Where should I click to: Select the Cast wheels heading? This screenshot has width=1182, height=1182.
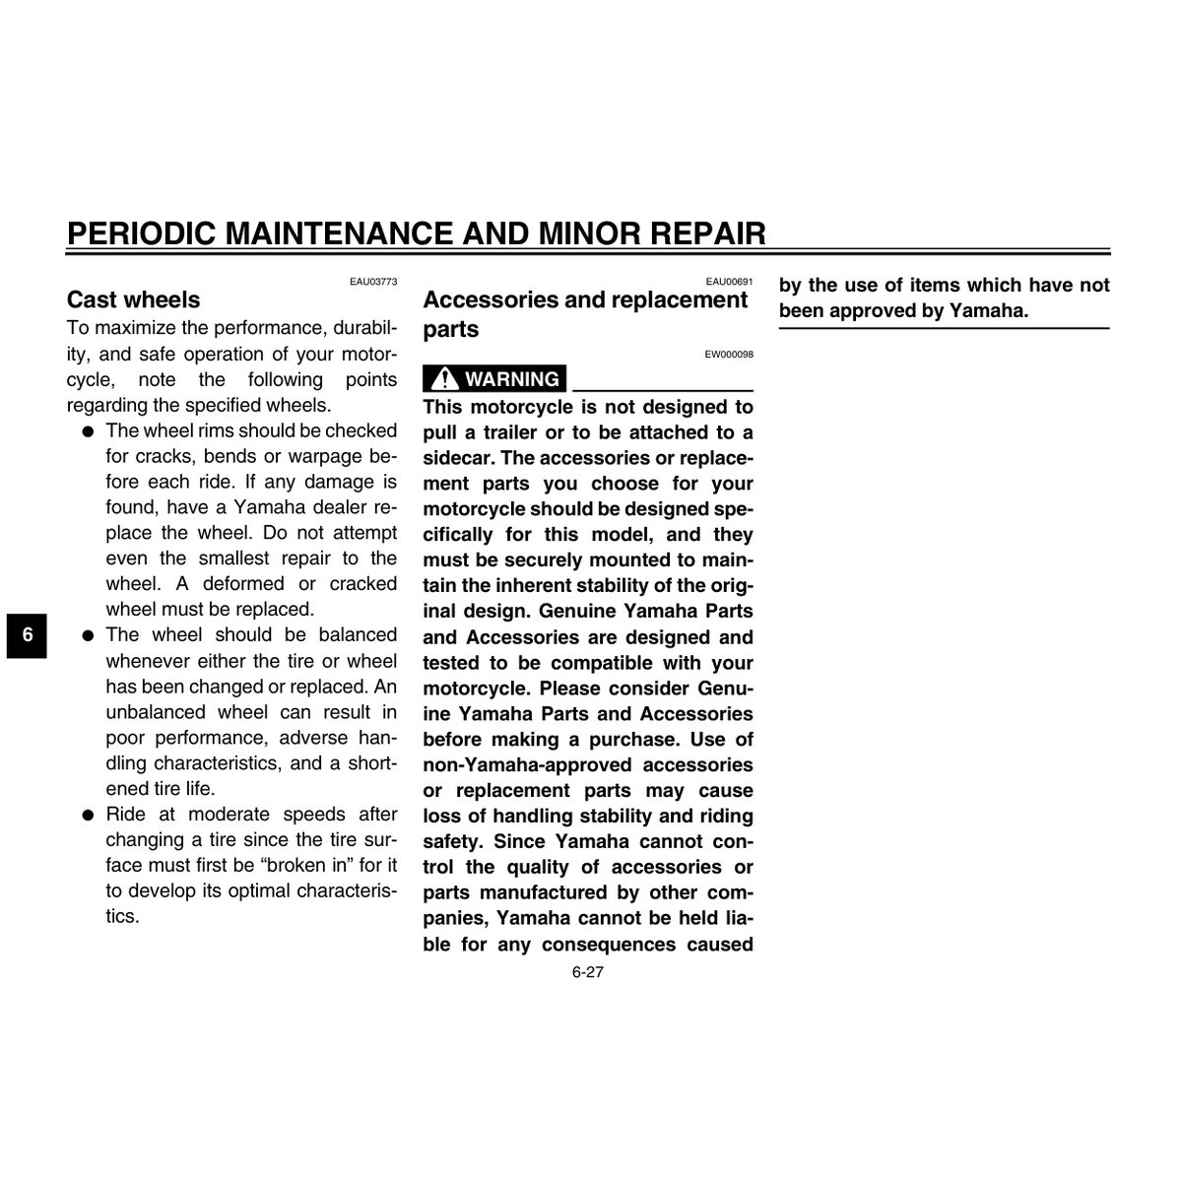pos(133,299)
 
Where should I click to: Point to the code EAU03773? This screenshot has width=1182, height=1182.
pos(373,282)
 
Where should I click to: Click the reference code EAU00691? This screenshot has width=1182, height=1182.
pos(729,282)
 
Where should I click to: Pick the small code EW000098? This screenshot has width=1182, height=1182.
pos(729,355)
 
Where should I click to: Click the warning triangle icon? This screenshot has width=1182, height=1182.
pos(444,379)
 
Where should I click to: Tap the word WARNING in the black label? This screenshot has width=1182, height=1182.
pos(511,379)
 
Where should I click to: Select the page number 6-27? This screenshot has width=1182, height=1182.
pos(587,972)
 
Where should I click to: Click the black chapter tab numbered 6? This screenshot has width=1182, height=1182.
pos(28,634)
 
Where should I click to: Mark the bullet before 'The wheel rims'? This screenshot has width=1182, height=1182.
pos(88,431)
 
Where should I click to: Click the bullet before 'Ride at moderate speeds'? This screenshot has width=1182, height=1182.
pos(88,815)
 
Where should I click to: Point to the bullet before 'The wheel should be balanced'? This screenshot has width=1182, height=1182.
pos(88,635)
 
